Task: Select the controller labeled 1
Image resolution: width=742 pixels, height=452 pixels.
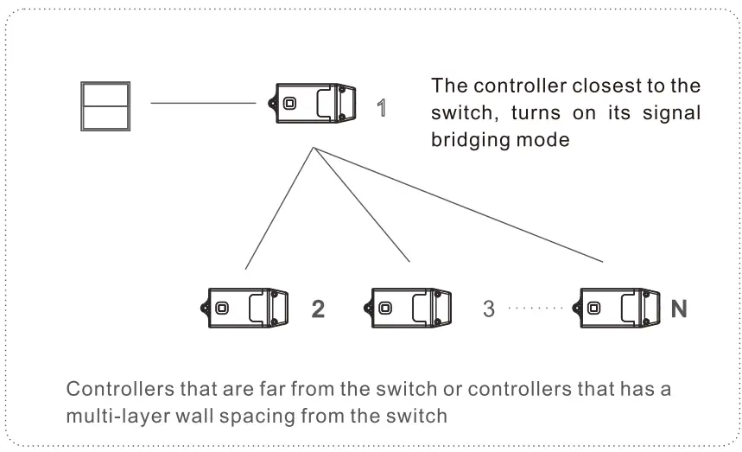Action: (x=316, y=104)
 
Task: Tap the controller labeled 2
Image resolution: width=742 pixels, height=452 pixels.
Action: (x=248, y=309)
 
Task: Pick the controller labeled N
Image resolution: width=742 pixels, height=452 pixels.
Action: (x=618, y=309)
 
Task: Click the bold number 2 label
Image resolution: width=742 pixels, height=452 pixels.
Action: (x=318, y=309)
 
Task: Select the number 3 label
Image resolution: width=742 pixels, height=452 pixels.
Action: (x=489, y=309)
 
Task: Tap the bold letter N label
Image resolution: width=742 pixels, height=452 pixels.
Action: (x=679, y=309)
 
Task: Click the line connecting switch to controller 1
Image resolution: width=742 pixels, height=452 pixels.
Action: (x=203, y=104)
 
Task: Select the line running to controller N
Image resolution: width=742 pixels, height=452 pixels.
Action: (x=466, y=207)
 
